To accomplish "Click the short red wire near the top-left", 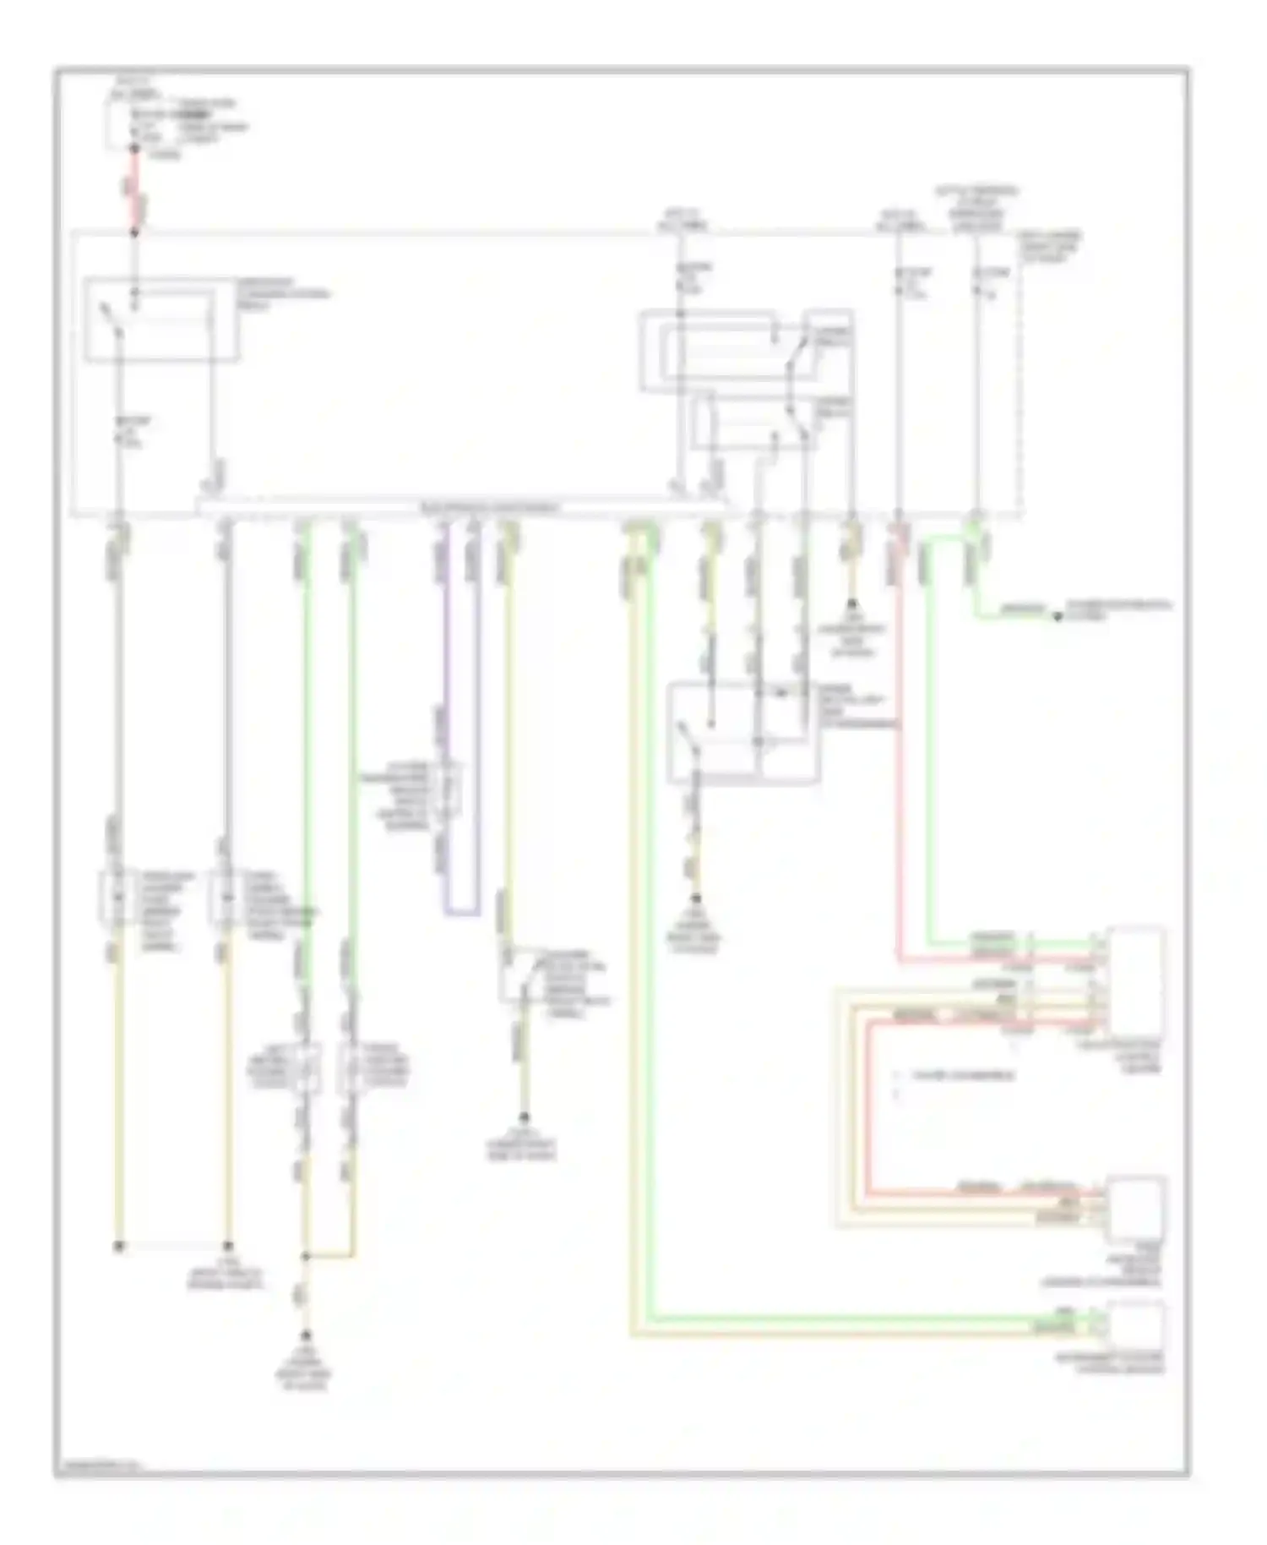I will pos(134,190).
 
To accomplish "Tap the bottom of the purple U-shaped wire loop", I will pos(462,913).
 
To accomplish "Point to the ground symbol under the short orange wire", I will pos(851,605).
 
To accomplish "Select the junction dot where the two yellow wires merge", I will pos(306,1257).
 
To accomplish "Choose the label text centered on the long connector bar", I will pos(490,508).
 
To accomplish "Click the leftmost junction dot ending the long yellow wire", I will pos(119,1246).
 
